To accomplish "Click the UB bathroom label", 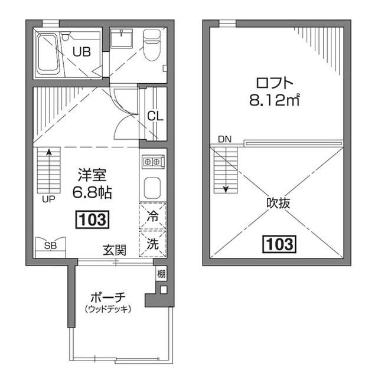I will point(82,51).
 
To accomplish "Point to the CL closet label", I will point(155,116).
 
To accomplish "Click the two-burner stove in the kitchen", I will point(153,160).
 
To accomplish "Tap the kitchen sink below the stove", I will point(153,187).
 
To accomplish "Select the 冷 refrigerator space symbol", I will point(152,217).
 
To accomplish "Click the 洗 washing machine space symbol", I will point(152,242).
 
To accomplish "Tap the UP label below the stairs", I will point(48,199).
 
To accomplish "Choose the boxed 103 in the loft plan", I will point(279,243).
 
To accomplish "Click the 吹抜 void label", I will point(279,204).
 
